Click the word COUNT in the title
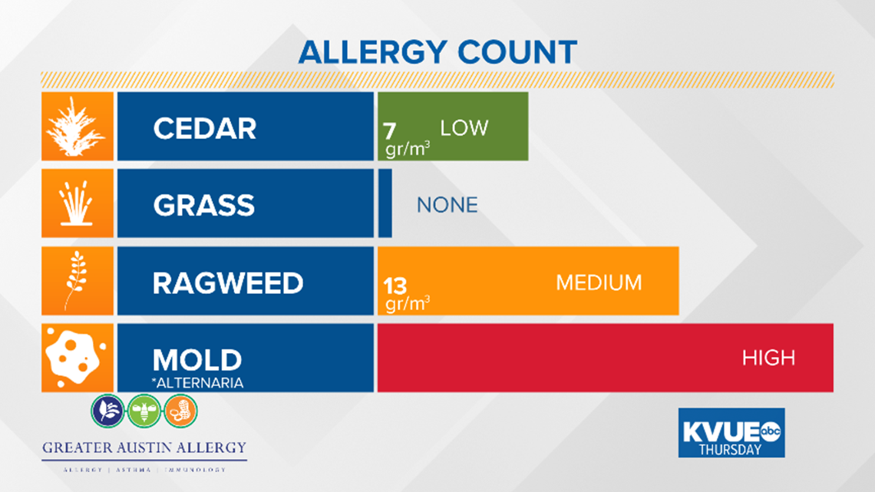pos(517,53)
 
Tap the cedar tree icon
pos(76,127)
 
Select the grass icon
pos(77,203)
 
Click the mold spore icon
pos(75,358)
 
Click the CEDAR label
pos(205,128)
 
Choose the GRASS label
pos(203,205)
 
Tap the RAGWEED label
pos(228,282)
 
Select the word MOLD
pos(197,360)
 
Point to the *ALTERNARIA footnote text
pos(197,383)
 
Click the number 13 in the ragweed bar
pos(395,286)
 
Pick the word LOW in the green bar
pos(464,128)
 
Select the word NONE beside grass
pos(447,205)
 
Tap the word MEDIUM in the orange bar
pos(599,282)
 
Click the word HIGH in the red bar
pos(768,358)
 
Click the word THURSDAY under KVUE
pos(730,449)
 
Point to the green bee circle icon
pos(144,411)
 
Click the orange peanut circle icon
pos(180,411)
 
